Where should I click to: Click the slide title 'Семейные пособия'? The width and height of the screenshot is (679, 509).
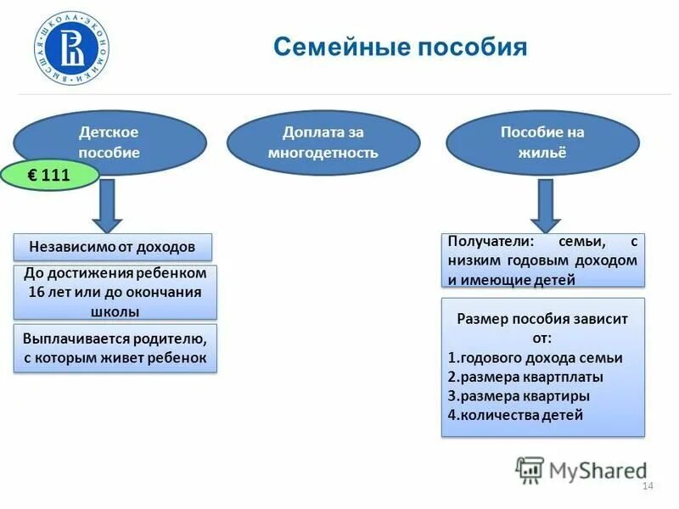[400, 46]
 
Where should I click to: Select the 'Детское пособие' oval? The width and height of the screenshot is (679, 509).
[109, 143]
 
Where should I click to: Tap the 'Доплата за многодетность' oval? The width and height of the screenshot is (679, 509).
[323, 143]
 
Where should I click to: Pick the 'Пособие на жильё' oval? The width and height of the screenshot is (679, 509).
[542, 143]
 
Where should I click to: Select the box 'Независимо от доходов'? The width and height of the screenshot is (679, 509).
[113, 247]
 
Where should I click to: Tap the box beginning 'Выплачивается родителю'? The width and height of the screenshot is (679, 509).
[115, 348]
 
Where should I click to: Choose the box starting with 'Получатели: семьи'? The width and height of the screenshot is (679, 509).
[542, 260]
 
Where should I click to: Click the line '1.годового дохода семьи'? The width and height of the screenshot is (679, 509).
[535, 358]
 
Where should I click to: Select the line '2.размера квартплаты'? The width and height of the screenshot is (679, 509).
[525, 377]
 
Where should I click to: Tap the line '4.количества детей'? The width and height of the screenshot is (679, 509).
[515, 415]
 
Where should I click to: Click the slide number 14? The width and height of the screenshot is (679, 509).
[648, 485]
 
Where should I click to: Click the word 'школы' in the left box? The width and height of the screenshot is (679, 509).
[115, 311]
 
